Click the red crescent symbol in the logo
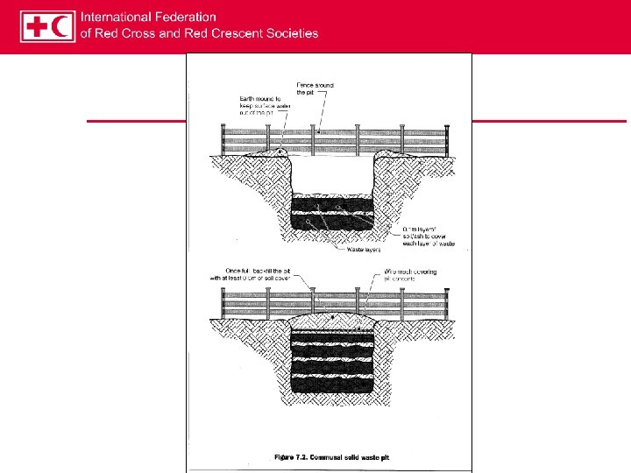pyautogui.click(x=61, y=26)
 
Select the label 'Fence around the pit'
pyautogui.click(x=315, y=88)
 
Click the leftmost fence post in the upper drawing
pyautogui.click(x=223, y=140)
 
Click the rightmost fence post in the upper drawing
pyautogui.click(x=446, y=140)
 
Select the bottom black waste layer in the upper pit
pyautogui.click(x=333, y=222)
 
